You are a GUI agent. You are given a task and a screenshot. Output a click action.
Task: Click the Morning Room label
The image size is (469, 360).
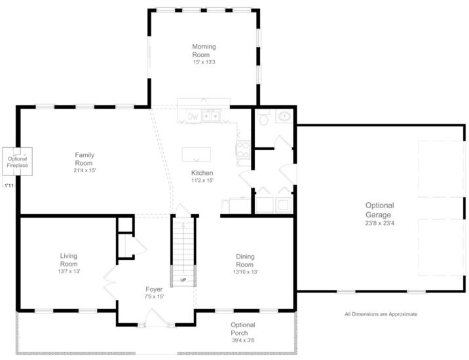(204, 50)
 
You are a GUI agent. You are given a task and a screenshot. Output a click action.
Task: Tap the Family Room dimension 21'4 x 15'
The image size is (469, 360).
(84, 171)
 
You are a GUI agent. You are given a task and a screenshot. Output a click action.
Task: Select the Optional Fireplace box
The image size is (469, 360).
(17, 162)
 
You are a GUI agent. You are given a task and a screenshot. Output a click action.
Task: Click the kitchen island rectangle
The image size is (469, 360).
(197, 154)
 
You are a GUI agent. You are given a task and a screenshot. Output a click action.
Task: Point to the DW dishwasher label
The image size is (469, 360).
(193, 117)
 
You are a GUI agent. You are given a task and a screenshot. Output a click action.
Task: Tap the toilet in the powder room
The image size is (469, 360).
(263, 118)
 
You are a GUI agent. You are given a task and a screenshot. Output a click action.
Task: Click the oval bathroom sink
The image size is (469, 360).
(284, 116)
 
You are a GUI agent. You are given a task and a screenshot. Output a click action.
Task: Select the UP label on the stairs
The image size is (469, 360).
(183, 280)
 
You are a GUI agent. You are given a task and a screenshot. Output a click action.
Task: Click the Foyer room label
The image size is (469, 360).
(154, 289)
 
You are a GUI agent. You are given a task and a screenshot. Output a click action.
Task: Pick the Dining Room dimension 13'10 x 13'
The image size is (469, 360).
(245, 272)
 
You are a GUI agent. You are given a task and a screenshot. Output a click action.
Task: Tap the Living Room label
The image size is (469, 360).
(69, 260)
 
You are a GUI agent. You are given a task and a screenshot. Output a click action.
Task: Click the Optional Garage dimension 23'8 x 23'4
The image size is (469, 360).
(379, 223)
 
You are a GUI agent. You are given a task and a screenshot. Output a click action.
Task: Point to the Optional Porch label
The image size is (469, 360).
(242, 329)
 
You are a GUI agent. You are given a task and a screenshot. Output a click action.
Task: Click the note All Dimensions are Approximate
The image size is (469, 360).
(381, 314)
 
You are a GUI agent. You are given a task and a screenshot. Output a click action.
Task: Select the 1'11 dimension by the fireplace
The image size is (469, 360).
(9, 186)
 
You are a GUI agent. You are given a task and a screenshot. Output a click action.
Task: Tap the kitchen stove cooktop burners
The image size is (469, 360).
(243, 150)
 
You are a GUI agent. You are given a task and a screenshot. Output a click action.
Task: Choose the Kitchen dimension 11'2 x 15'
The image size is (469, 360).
(202, 180)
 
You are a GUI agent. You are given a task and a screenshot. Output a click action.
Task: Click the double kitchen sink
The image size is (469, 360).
(210, 116)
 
